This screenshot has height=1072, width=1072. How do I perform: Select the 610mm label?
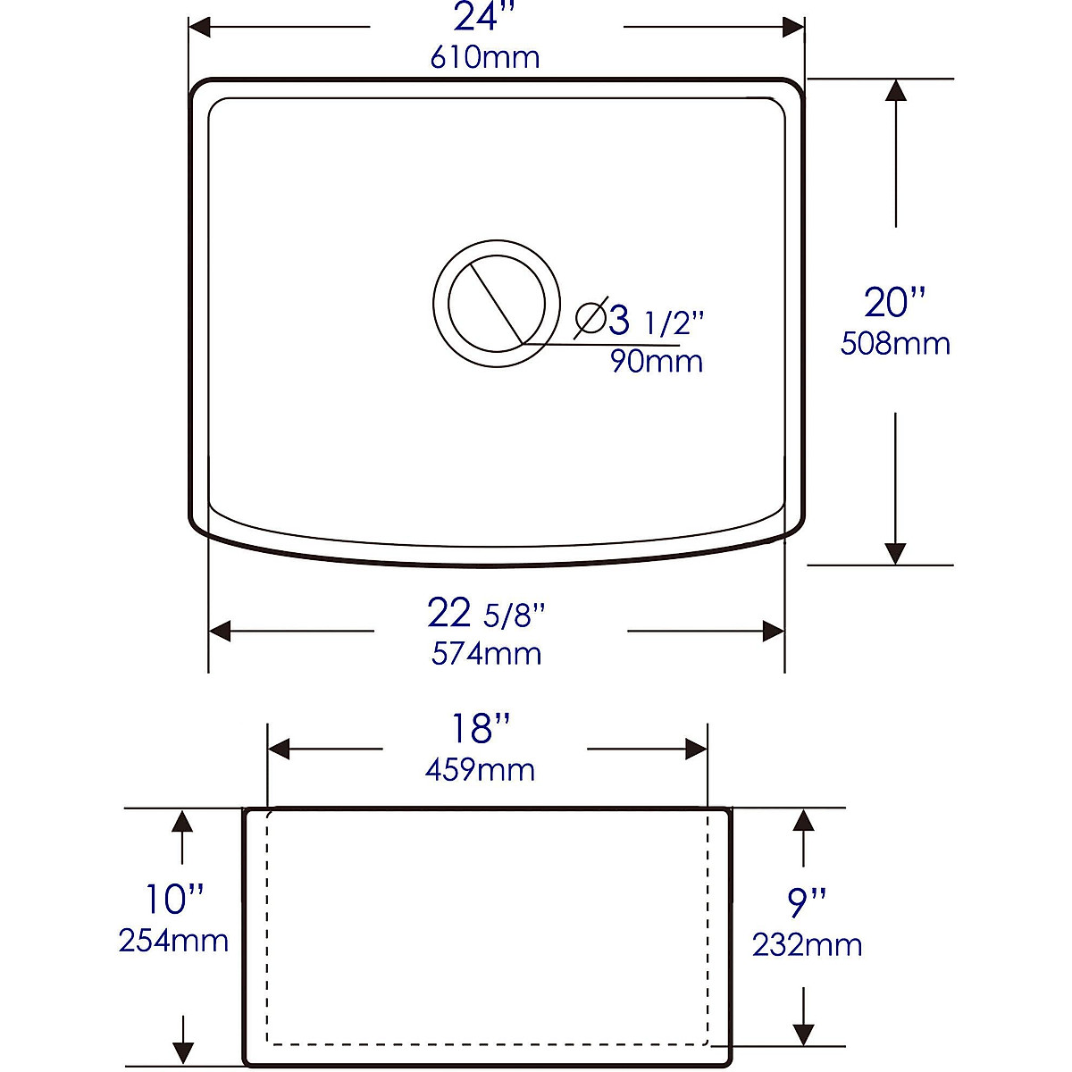pos(485,58)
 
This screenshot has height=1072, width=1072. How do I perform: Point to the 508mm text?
pos(895,344)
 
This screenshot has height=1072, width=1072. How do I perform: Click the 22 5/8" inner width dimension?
pos(486,614)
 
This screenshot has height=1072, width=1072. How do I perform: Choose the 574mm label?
pos(486,654)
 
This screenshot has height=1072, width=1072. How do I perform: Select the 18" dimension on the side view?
pos(483,729)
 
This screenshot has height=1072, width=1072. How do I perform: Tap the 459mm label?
pos(480,769)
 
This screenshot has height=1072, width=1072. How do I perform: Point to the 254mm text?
pos(173,940)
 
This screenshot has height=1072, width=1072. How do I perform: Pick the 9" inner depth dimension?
pos(807,903)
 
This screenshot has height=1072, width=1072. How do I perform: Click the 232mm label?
pos(807,945)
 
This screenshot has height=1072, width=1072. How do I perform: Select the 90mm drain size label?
pos(657,361)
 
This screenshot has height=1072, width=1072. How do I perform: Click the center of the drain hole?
pos(496,303)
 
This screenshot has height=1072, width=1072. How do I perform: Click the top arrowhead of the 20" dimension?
pos(895,89)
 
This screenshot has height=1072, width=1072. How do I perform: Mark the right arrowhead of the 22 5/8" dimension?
pos(774,631)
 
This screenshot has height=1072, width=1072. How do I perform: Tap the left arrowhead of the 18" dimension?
pos(280,749)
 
